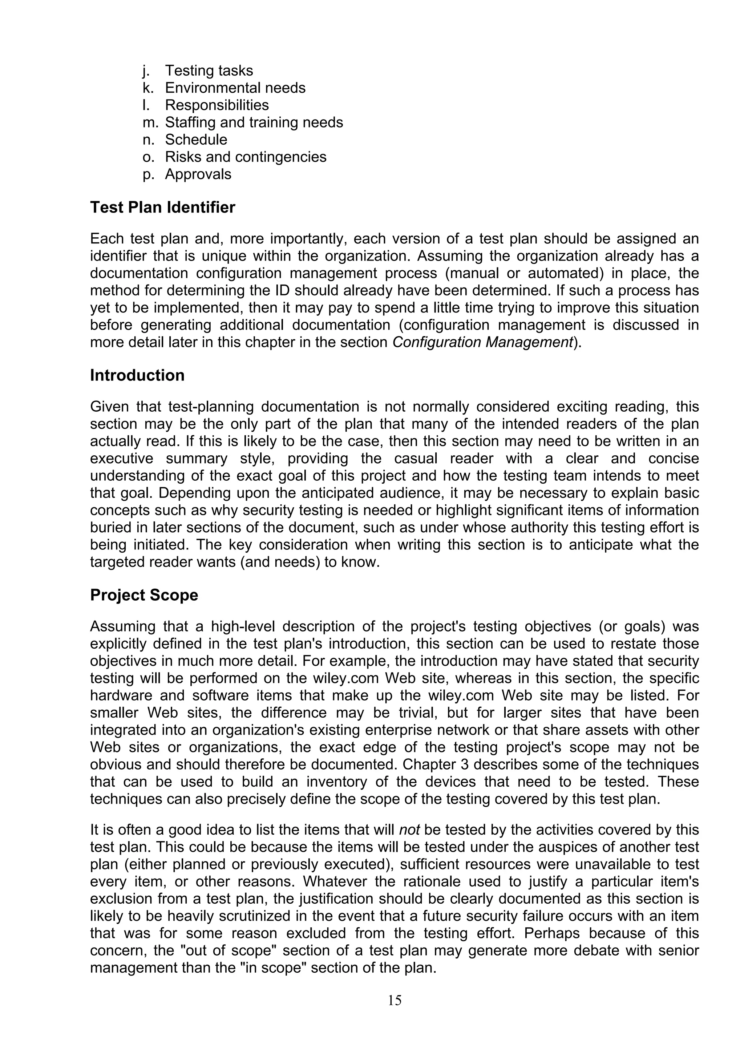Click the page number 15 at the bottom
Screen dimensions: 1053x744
tap(394, 1000)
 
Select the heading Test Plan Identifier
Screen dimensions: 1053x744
tap(162, 207)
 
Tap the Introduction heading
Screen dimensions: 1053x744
tap(137, 375)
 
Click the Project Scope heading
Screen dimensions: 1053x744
tap(144, 595)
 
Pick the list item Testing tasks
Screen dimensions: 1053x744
tap(209, 70)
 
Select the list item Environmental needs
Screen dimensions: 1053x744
tap(235, 88)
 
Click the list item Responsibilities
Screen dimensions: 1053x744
tap(217, 105)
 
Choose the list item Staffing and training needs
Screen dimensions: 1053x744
tap(254, 122)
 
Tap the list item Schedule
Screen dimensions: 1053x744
tap(196, 140)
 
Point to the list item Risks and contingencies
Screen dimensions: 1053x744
tap(246, 157)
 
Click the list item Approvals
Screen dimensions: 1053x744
tap(198, 174)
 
